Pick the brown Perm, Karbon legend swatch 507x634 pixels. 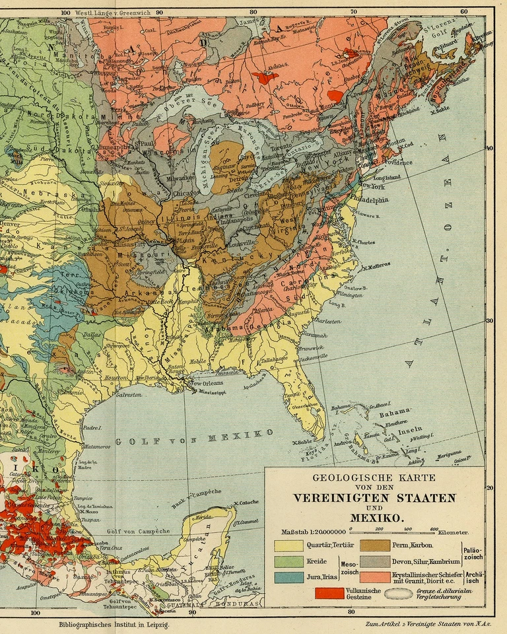tap(374, 546)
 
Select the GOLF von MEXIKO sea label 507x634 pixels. tap(194, 438)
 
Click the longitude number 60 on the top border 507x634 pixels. tap(464, 12)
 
